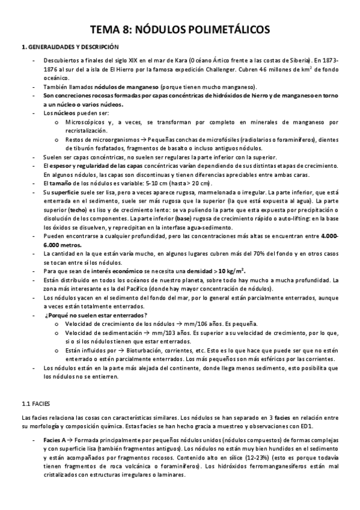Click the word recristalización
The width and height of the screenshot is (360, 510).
click(x=86, y=131)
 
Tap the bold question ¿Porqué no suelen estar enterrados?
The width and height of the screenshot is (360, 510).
click(x=96, y=315)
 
